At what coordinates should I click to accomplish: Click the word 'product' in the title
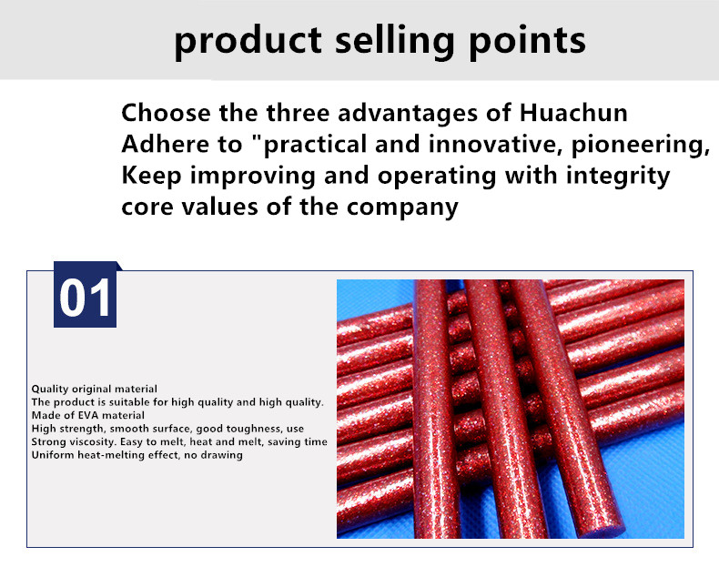pyautogui.click(x=248, y=42)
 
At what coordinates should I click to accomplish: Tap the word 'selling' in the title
pyautogui.click(x=395, y=42)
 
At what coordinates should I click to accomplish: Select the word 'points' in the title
pyautogui.click(x=527, y=42)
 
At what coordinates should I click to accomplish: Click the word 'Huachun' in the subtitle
pyautogui.click(x=572, y=113)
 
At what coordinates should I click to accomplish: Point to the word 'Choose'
pyautogui.click(x=166, y=113)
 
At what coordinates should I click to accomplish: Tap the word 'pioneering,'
pyautogui.click(x=640, y=146)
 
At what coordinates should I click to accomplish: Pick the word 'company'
pyautogui.click(x=402, y=208)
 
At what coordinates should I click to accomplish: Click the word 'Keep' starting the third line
pyautogui.click(x=151, y=177)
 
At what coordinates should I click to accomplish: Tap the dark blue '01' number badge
pyautogui.click(x=86, y=295)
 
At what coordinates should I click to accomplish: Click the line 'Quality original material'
pyautogui.click(x=94, y=390)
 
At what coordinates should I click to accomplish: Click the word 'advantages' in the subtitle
pyautogui.click(x=408, y=114)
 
